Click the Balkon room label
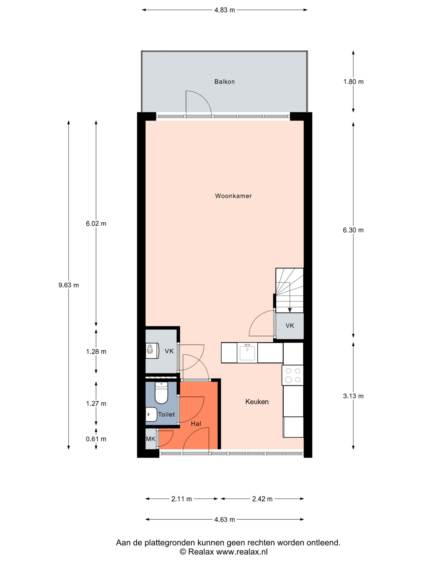224,82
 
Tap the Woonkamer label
233,196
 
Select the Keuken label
257,402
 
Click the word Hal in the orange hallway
196,423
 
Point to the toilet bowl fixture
161,393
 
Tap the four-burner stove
293,375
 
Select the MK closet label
151,439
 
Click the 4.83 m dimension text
224,10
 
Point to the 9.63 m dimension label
69,285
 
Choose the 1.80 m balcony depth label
353,82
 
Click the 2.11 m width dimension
181,499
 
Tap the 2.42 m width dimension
262,499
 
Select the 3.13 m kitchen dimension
353,396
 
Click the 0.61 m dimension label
96,439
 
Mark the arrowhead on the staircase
289,310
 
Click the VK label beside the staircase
290,326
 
